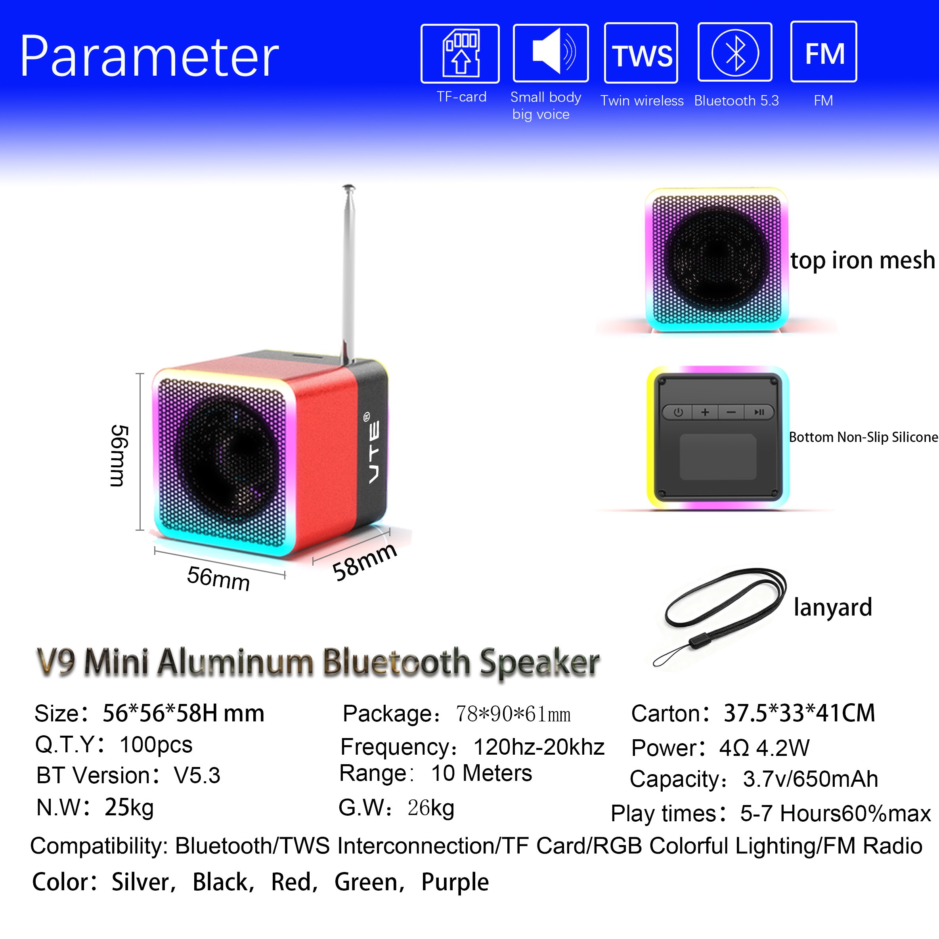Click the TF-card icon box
460,54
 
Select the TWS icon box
641,53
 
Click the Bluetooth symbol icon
735,52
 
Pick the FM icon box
824,52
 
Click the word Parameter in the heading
149,56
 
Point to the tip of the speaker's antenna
348,187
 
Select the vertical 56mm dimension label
118,455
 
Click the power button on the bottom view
678,412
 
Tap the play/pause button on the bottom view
759,412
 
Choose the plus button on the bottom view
705,412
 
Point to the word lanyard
832,607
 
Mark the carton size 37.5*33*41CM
799,713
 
